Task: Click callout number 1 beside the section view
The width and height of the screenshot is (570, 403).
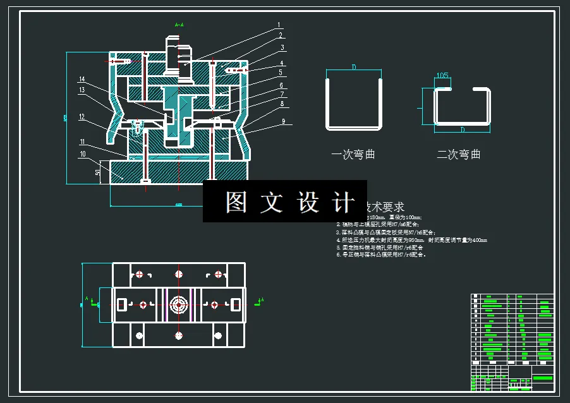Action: [x=278, y=26]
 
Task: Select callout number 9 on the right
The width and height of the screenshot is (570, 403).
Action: [x=284, y=121]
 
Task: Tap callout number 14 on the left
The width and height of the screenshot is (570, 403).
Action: [x=82, y=79]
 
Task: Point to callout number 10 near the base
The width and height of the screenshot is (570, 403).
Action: [x=83, y=153]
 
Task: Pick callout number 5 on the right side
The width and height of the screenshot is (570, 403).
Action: [x=280, y=73]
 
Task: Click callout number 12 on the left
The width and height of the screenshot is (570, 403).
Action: [x=82, y=116]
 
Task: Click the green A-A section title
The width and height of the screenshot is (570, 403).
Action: [x=179, y=25]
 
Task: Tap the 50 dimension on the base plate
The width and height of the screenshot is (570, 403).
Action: [x=97, y=172]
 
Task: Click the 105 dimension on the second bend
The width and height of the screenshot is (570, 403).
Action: [x=442, y=76]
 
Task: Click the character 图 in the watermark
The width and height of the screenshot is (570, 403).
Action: [x=236, y=202]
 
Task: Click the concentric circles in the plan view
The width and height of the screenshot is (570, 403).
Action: [x=179, y=305]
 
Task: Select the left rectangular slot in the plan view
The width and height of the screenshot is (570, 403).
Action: [x=123, y=305]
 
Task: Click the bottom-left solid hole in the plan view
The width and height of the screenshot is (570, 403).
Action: [x=138, y=335]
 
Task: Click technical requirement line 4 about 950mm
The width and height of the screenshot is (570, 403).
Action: [x=411, y=240]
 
